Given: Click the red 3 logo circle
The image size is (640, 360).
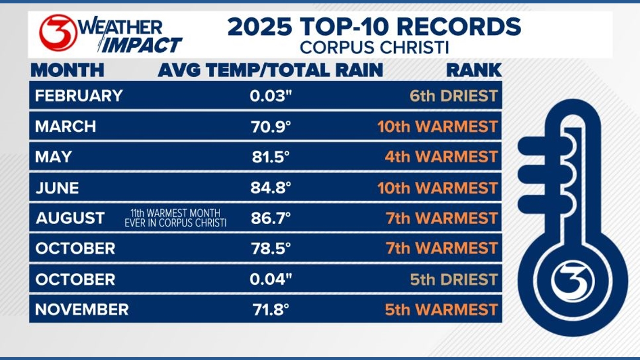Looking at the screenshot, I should pos(58,33).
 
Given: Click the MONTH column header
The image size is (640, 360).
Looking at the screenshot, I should pos(67,70).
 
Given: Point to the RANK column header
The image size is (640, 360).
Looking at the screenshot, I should pos(474,70).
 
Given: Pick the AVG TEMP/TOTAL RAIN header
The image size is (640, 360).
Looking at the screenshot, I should pos(270,70).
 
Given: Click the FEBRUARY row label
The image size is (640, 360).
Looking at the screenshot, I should pos(79,95).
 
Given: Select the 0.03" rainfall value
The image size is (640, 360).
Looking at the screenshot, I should pos(271,95).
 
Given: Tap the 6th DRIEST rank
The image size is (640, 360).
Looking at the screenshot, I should pos(454,95).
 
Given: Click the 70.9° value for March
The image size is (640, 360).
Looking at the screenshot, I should pos(271,126).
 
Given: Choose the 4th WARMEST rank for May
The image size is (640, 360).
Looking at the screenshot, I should pos(441,157).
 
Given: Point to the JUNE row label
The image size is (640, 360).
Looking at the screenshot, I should pos(57,188).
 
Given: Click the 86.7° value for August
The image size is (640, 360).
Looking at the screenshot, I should pos(271,218).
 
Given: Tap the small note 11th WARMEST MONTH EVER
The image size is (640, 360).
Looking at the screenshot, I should pos(175,218).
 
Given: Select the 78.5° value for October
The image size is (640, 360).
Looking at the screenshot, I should pos(271,248).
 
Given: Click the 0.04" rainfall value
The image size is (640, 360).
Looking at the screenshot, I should pos(271,279).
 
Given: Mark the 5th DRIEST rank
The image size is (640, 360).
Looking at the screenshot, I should pos(454,279).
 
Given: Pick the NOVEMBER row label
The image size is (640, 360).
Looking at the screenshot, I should pos(82,309).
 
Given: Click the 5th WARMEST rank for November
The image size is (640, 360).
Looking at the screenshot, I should pos(441,309).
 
